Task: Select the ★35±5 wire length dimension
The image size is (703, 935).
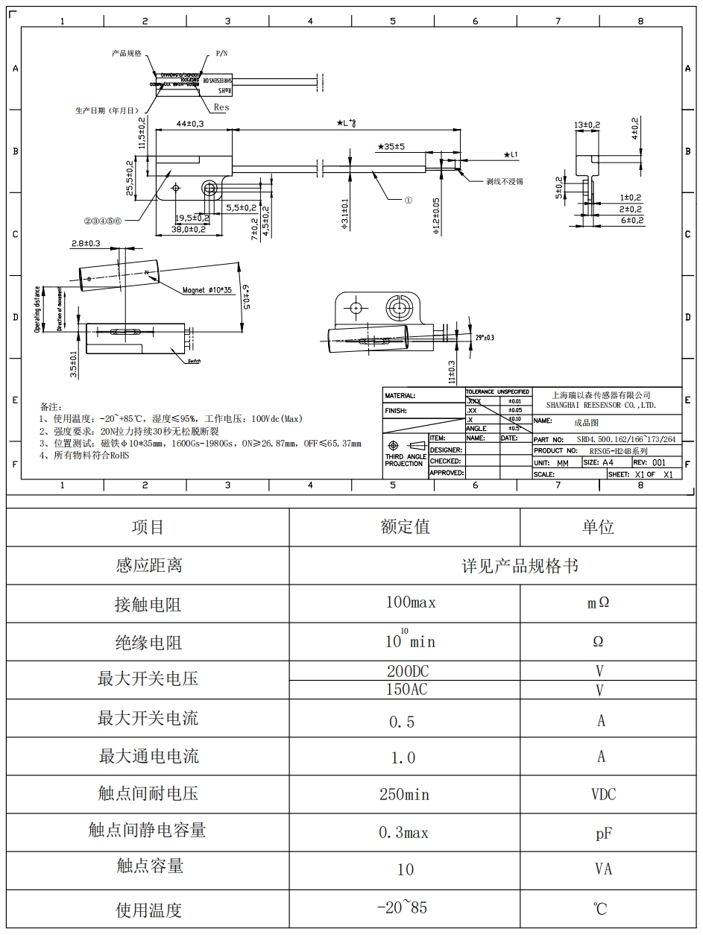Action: (391, 147)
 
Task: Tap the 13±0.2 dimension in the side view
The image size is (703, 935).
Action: (587, 124)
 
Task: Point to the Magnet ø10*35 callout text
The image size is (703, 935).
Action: (207, 290)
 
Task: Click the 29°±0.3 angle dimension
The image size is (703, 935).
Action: (484, 337)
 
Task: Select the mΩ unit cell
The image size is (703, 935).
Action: (598, 603)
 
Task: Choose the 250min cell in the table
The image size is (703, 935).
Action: (404, 795)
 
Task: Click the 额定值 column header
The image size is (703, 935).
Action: (405, 527)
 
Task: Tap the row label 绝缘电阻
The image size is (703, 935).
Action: (148, 643)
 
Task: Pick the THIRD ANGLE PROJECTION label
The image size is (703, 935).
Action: (405, 460)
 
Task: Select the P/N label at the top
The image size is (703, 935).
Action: (223, 54)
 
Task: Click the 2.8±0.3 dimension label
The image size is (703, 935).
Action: (87, 244)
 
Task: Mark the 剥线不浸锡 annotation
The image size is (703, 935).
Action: (504, 181)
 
